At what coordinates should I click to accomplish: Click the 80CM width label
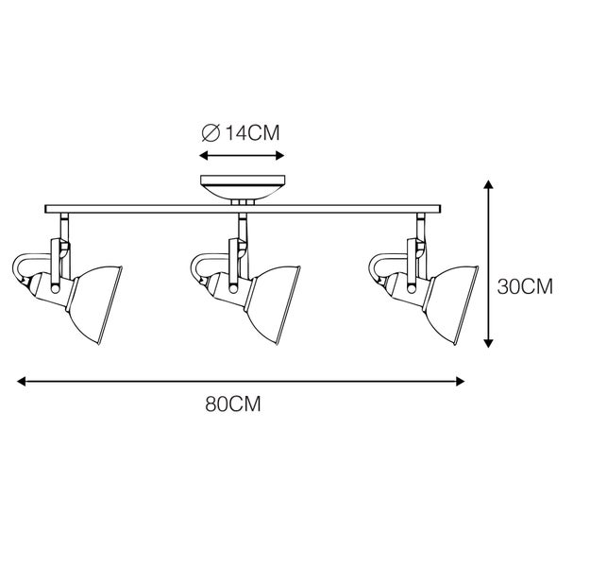click(x=233, y=404)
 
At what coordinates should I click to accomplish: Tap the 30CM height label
click(x=525, y=286)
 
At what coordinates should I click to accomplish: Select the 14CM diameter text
click(x=252, y=132)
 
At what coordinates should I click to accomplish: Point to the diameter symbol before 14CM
click(x=211, y=133)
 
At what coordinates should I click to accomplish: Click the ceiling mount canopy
click(x=243, y=187)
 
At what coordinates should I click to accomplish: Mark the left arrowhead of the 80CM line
click(x=22, y=381)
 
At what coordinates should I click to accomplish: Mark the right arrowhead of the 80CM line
click(x=460, y=381)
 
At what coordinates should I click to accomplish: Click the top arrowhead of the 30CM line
click(x=488, y=184)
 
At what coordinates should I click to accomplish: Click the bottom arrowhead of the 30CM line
click(x=488, y=343)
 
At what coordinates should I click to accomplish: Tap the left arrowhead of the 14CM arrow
click(x=204, y=155)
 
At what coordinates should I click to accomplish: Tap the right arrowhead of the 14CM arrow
click(x=280, y=155)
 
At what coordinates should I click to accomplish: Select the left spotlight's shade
click(x=94, y=305)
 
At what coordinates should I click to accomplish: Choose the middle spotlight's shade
click(x=273, y=305)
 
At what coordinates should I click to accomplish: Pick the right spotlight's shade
click(x=451, y=305)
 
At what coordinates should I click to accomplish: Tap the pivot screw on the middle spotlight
click(x=233, y=289)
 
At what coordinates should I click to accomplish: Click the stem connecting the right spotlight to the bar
click(x=421, y=226)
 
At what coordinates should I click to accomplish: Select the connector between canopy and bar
click(x=243, y=202)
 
